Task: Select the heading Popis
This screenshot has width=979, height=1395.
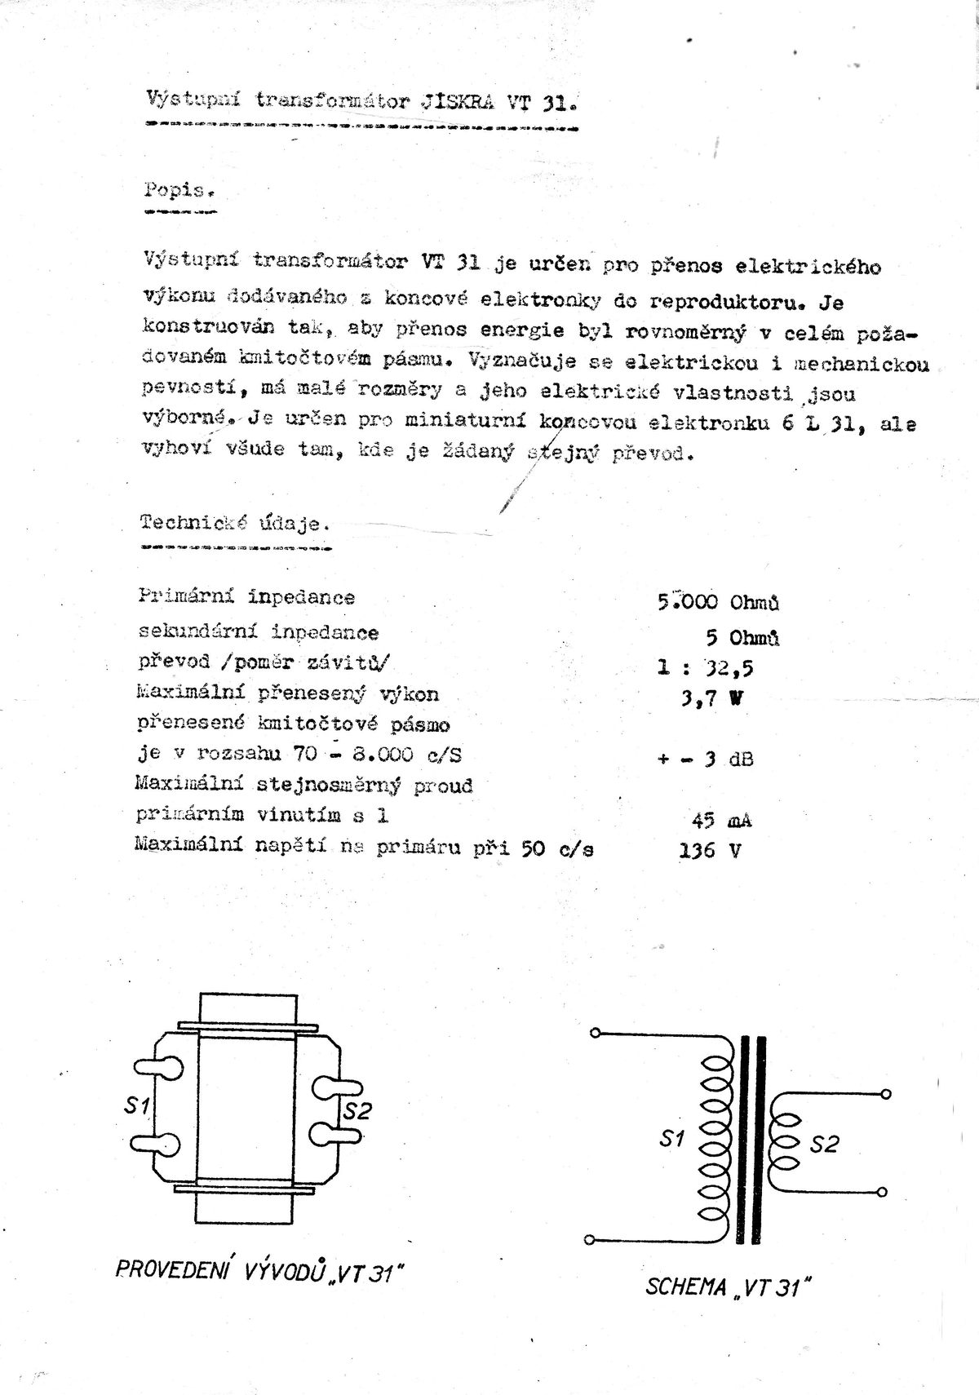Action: pos(179,192)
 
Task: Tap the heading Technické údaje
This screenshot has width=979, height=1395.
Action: pos(235,524)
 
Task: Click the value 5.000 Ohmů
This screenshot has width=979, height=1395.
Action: pos(718,602)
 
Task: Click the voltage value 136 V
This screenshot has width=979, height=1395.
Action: pos(710,851)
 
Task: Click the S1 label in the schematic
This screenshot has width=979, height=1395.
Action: pos(671,1139)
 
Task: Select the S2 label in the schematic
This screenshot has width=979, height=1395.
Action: pos(824,1145)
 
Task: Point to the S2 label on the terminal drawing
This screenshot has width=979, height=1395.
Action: pos(357,1110)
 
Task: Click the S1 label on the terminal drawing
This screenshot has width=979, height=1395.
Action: pos(136,1105)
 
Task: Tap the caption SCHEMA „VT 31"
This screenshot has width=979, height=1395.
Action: pos(729,1287)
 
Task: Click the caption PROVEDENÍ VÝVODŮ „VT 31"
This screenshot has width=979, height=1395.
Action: pos(260,1271)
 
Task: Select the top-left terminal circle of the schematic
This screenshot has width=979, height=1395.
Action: pos(595,1034)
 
